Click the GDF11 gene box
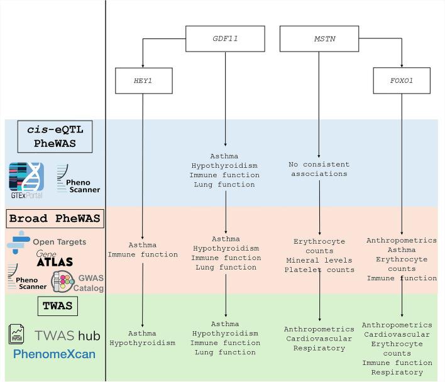click(x=224, y=38)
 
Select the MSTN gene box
click(x=318, y=38)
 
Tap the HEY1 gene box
click(x=143, y=80)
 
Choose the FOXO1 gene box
click(x=402, y=80)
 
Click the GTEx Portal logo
click(x=27, y=177)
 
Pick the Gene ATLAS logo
click(x=55, y=259)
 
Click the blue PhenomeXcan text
click(x=54, y=354)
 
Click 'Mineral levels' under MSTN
click(x=319, y=260)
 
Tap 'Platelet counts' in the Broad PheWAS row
click(x=319, y=270)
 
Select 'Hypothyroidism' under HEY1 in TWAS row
click(x=143, y=343)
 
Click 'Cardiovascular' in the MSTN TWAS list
click(x=319, y=339)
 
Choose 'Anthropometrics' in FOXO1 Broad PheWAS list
click(x=402, y=240)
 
